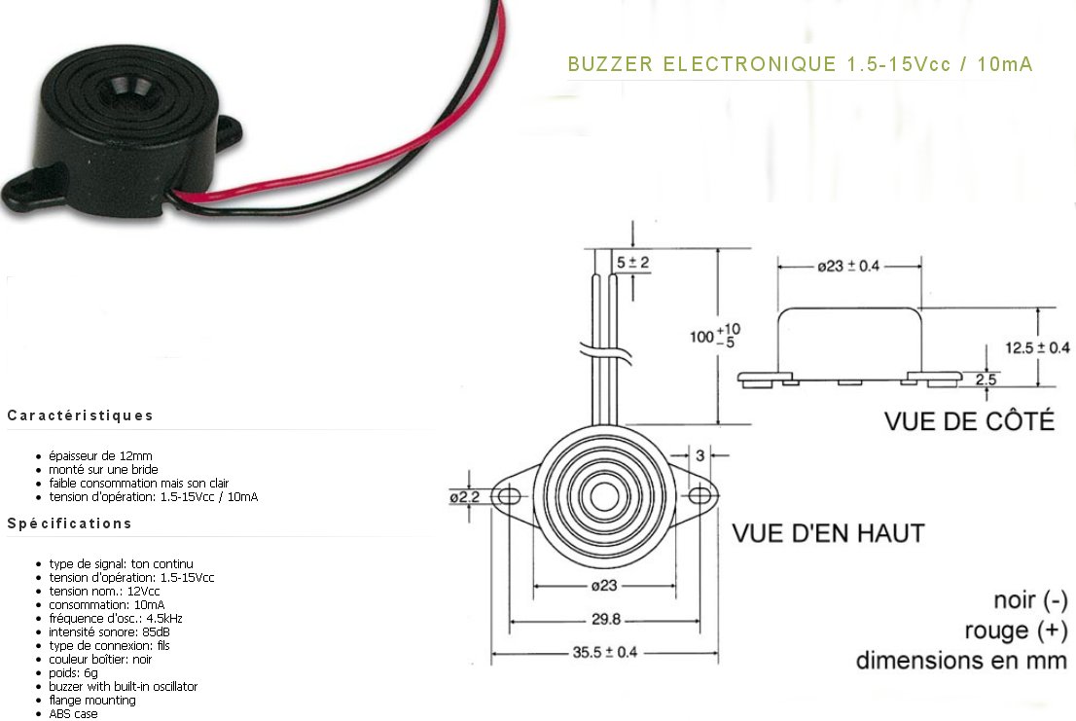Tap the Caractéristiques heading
[x=80, y=415]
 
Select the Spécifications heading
[x=69, y=523]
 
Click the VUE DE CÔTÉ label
[x=969, y=421]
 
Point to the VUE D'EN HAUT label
[x=828, y=533]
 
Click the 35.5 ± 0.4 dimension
[x=597, y=652]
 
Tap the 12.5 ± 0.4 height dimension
[x=1037, y=347]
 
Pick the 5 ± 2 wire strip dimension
[x=632, y=263]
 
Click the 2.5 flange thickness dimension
[x=986, y=379]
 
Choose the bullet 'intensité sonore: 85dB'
[x=103, y=631]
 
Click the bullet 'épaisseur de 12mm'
[x=100, y=455]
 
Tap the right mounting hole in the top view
[x=699, y=496]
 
